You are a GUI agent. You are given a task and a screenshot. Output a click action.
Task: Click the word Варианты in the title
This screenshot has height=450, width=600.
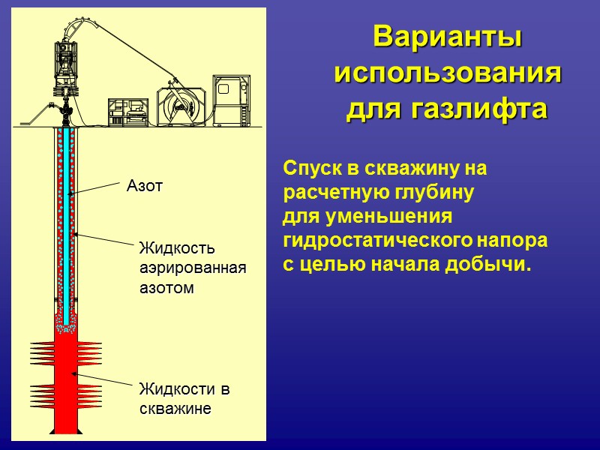448,37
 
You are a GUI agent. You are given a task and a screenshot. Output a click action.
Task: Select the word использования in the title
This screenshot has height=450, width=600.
448,73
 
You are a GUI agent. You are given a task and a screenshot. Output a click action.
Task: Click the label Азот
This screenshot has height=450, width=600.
145,186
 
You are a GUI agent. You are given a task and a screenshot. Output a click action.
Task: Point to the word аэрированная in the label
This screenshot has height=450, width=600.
193,268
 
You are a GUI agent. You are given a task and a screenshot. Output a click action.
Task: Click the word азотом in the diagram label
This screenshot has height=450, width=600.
166,287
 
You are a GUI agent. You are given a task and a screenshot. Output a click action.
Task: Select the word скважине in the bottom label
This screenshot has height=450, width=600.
175,409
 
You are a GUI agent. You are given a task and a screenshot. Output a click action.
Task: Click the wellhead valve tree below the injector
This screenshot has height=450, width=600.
67,109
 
